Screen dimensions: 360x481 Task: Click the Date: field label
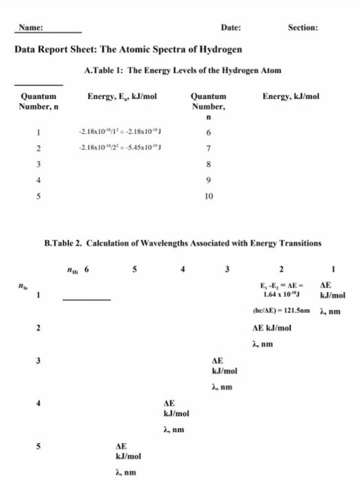[231, 27]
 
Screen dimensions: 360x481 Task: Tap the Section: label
[303, 27]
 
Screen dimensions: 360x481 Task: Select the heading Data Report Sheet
[128, 50]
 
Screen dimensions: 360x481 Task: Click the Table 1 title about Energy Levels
[181, 71]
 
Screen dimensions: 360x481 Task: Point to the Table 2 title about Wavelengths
[181, 243]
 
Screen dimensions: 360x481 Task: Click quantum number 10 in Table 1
[209, 196]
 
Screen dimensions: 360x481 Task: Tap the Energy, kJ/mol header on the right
[291, 98]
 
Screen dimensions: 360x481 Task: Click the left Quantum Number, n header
[40, 102]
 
